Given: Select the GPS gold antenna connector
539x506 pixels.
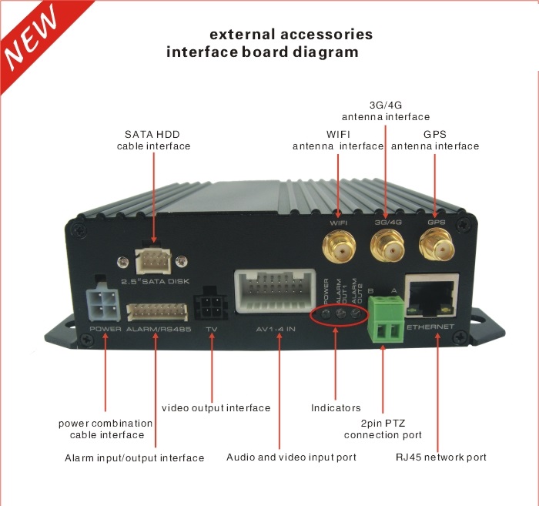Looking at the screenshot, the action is coord(437,247).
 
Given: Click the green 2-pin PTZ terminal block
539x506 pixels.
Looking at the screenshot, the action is coord(386,320).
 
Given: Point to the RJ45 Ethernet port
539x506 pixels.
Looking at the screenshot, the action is coord(433,296).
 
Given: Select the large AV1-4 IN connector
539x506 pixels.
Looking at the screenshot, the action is coord(275,291).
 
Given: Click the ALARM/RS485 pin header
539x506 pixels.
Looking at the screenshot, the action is coord(157,312).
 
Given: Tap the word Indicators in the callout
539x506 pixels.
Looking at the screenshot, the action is coord(336,408).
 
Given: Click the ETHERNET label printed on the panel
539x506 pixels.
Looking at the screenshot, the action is coord(430,327).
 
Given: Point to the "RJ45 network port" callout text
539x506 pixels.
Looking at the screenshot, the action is coord(441,457).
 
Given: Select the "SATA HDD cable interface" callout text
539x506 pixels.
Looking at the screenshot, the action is coord(153,140).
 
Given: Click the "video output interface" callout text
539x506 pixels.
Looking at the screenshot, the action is coord(216,408).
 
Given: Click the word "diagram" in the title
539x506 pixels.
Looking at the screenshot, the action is coord(326,52).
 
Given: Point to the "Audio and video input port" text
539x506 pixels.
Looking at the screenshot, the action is coord(291,457).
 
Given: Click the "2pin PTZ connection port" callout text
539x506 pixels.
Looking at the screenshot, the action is coord(383,429).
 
